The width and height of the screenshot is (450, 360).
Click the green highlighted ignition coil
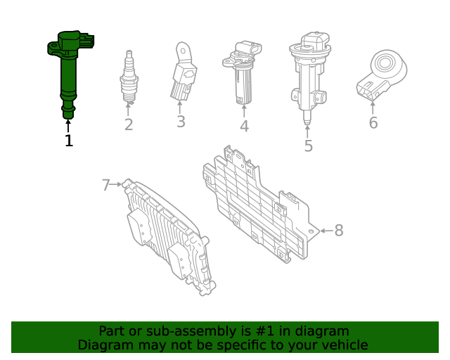67,70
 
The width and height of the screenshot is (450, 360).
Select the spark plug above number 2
128,79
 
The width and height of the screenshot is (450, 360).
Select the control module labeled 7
167,236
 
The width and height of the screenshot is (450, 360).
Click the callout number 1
68,141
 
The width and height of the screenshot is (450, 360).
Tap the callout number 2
129,125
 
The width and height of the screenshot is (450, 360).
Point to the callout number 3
181,122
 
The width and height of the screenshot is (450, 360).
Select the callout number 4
244,127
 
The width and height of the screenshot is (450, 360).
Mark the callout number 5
308,146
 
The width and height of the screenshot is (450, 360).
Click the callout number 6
373,123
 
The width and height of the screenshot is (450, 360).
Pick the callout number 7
106,185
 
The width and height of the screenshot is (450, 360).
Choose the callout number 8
338,230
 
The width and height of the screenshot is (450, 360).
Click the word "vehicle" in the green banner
344,345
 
